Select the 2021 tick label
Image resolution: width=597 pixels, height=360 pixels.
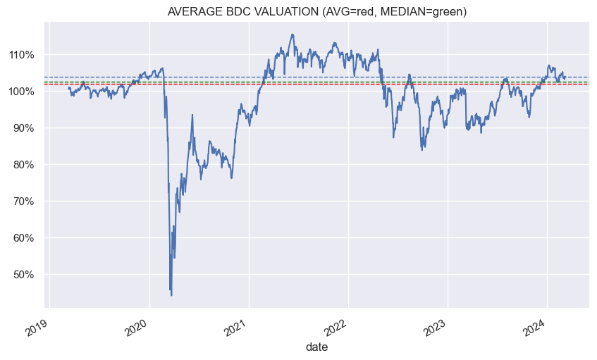pos(238,325)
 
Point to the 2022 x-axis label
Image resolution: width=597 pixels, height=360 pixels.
pos(338,325)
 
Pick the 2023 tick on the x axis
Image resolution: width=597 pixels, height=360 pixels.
pos(437,325)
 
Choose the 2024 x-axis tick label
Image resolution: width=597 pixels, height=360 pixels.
pos(536,325)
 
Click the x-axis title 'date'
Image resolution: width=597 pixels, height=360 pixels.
pos(316,347)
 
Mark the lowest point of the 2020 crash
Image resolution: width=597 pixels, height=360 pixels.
pos(171,295)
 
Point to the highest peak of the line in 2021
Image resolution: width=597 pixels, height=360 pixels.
pos(292,35)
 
